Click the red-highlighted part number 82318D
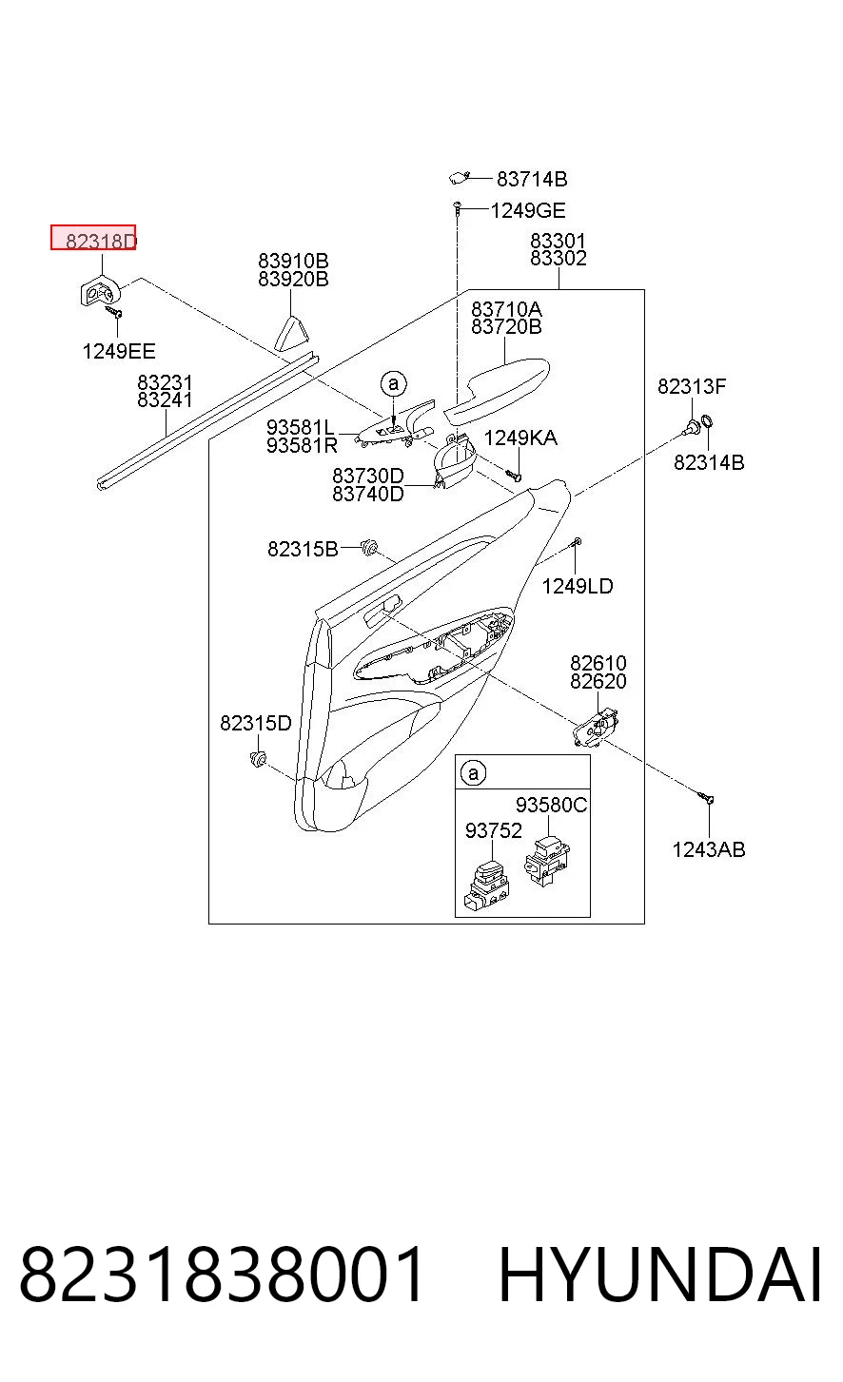coord(101,241)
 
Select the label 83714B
coord(532,179)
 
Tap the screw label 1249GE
coord(528,210)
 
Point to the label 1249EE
coord(119,351)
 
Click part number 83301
coord(558,240)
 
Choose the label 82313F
coord(692,386)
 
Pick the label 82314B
coord(709,462)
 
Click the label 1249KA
coord(520,438)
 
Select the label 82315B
coord(303,549)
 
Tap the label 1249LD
coord(578,586)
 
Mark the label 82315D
coord(256,723)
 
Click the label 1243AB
coord(709,849)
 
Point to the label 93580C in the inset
coord(552,805)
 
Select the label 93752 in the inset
coord(494,830)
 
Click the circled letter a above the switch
coord(394,383)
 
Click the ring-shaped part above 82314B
coord(708,422)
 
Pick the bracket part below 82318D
coord(99,291)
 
